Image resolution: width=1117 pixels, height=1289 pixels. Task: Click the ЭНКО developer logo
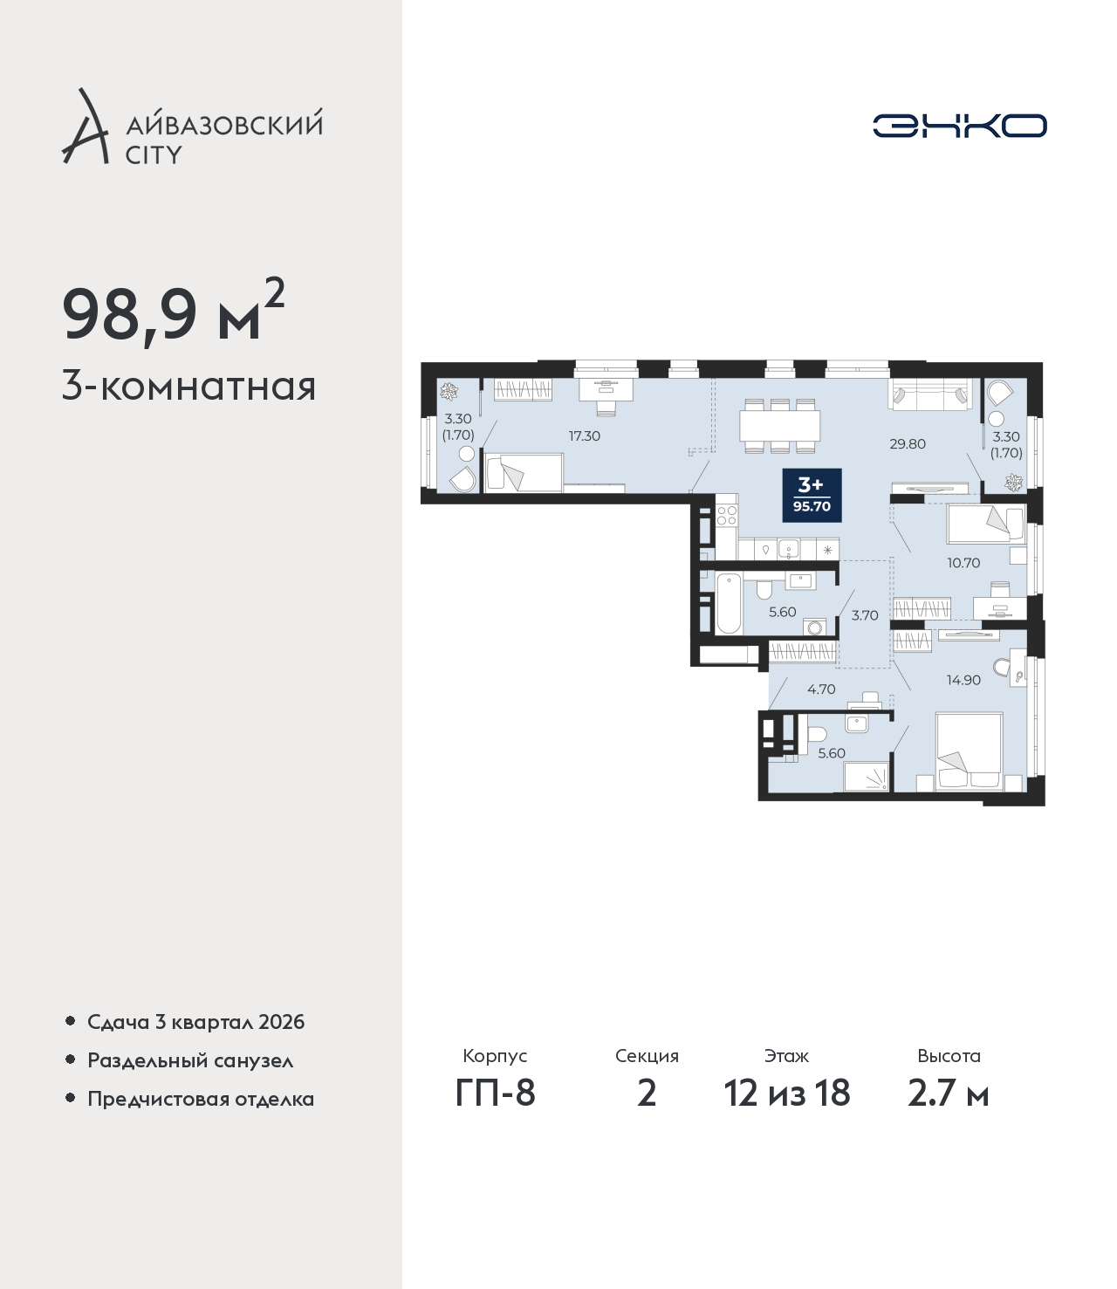tap(959, 126)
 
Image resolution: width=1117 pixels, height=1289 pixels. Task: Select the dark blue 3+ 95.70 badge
tap(812, 495)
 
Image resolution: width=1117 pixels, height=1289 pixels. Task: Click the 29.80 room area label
tap(908, 444)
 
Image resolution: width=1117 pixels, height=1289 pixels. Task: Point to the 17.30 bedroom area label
tap(585, 435)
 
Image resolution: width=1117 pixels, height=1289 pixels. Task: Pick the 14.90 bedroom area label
tap(963, 680)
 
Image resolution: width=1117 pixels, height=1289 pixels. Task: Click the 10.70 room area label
tap(963, 563)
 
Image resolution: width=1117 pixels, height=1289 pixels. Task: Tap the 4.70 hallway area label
tap(821, 689)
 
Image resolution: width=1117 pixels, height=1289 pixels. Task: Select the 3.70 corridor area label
tap(865, 615)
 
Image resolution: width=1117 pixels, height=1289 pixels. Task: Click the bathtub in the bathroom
tap(729, 604)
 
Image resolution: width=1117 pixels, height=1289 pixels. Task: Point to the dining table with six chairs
tap(779, 426)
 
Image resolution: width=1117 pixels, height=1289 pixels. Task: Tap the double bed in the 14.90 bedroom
tap(970, 752)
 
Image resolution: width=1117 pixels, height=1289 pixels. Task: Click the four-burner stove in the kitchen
tap(727, 516)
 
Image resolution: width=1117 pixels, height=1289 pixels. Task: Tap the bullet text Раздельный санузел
tap(190, 1060)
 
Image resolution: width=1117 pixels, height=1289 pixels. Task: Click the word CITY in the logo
tap(154, 154)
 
